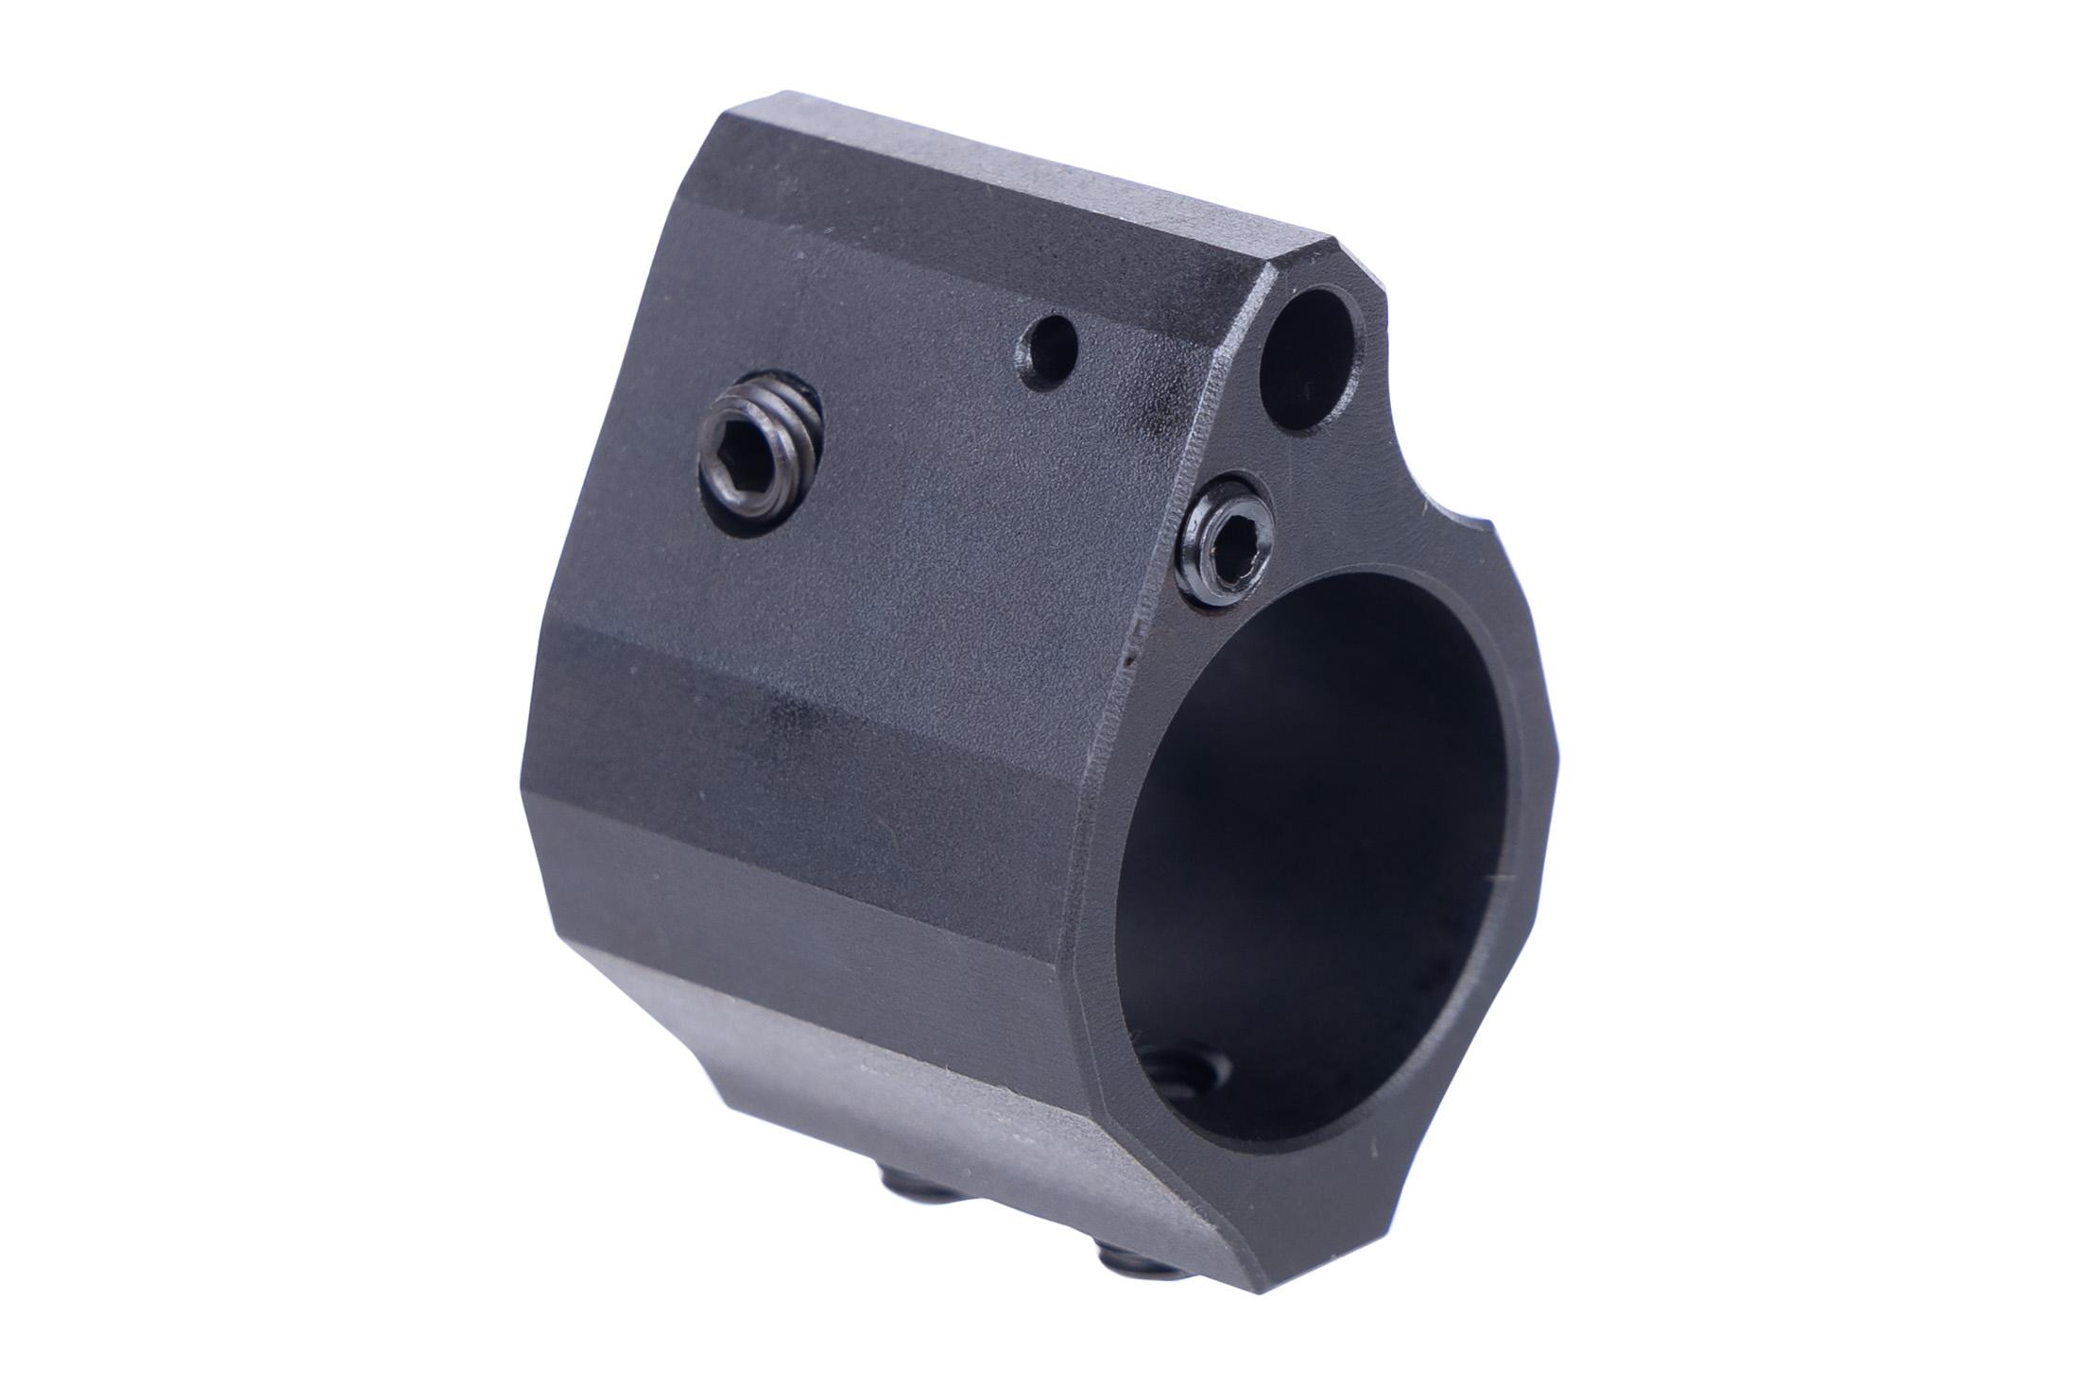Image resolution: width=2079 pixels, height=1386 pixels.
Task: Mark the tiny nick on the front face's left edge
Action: pos(1128,652)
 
